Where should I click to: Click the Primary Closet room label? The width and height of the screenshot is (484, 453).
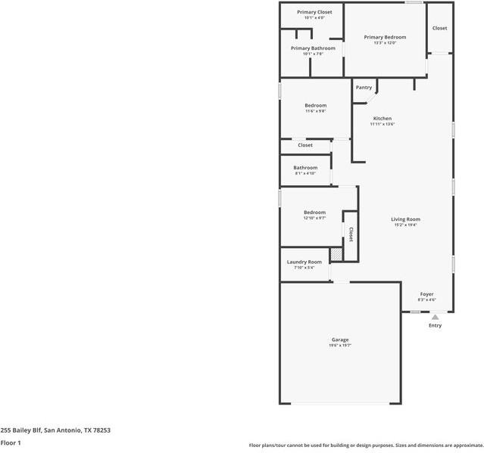click(314, 12)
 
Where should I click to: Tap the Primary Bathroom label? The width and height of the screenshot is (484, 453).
click(313, 48)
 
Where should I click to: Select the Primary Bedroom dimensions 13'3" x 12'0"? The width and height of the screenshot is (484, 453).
click(385, 43)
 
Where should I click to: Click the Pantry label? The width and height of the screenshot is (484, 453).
click(364, 87)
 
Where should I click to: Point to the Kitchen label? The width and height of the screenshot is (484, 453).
click(383, 119)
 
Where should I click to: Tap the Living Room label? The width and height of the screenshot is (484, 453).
click(405, 219)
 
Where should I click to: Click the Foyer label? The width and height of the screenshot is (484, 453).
click(427, 293)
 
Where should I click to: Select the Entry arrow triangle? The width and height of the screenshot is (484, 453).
click(435, 318)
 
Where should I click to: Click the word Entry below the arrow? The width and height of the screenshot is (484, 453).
click(435, 326)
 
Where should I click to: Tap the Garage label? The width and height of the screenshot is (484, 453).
click(340, 340)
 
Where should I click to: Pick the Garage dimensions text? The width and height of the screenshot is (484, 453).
click(340, 346)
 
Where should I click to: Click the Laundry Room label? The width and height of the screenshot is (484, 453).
click(304, 262)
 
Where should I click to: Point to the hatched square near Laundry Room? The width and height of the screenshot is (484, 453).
click(336, 254)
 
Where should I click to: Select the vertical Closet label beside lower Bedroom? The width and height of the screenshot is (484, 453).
click(351, 233)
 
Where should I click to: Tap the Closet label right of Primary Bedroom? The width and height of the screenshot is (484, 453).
click(439, 28)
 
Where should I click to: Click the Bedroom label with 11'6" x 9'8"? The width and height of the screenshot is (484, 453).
click(315, 105)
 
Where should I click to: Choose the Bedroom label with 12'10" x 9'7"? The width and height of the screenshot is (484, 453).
click(314, 213)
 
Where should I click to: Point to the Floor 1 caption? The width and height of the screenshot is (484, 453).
click(11, 442)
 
